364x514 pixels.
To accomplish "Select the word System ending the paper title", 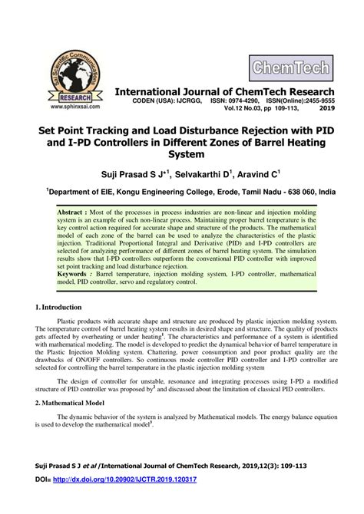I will coord(182,153).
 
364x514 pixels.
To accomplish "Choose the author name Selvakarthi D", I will coord(200,173).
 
